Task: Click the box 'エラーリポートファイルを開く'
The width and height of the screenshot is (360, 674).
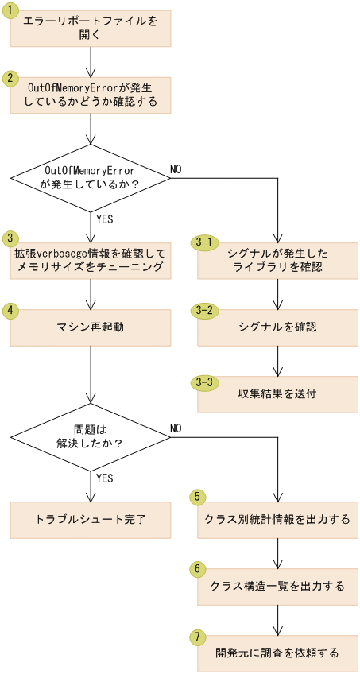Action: (91, 29)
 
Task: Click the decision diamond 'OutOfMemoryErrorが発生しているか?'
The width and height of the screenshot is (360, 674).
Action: (91, 177)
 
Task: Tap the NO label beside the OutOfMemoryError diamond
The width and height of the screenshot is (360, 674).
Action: (176, 169)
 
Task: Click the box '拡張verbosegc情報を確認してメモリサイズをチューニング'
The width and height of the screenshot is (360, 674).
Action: (91, 260)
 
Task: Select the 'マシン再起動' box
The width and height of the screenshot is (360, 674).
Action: (91, 327)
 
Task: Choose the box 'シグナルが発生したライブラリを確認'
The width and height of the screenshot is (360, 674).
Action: (277, 260)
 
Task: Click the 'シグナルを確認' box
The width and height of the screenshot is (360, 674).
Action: (277, 327)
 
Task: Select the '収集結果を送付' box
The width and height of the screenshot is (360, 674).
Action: (277, 394)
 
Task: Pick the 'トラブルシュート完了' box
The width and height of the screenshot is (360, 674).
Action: (91, 519)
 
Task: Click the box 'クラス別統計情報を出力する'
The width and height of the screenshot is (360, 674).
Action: (277, 519)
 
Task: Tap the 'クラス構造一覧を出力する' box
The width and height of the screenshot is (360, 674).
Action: (277, 586)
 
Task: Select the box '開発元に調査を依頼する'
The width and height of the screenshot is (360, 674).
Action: (277, 653)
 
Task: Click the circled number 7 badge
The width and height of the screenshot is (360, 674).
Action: (197, 636)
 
